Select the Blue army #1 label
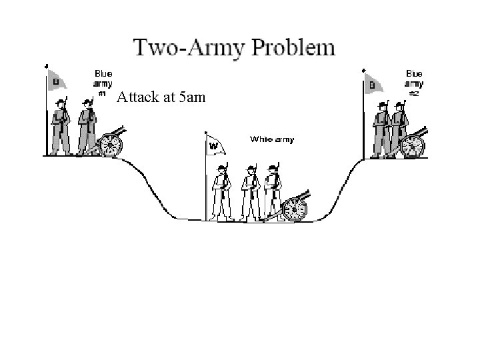coord(103,81)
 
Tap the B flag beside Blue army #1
coord(57,81)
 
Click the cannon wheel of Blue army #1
coord(111,143)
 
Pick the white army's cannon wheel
coord(294,209)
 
